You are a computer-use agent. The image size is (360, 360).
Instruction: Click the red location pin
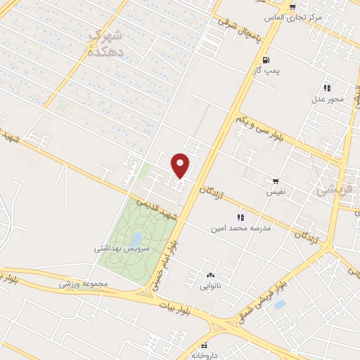[x=181, y=165]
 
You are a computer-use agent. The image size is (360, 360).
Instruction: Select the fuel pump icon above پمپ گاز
[x=265, y=60]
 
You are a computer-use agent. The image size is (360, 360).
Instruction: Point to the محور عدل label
[x=328, y=99]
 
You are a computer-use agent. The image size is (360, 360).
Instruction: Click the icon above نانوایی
[x=210, y=276]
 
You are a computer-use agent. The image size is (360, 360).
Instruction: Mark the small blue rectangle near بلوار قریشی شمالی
[x=279, y=305]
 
